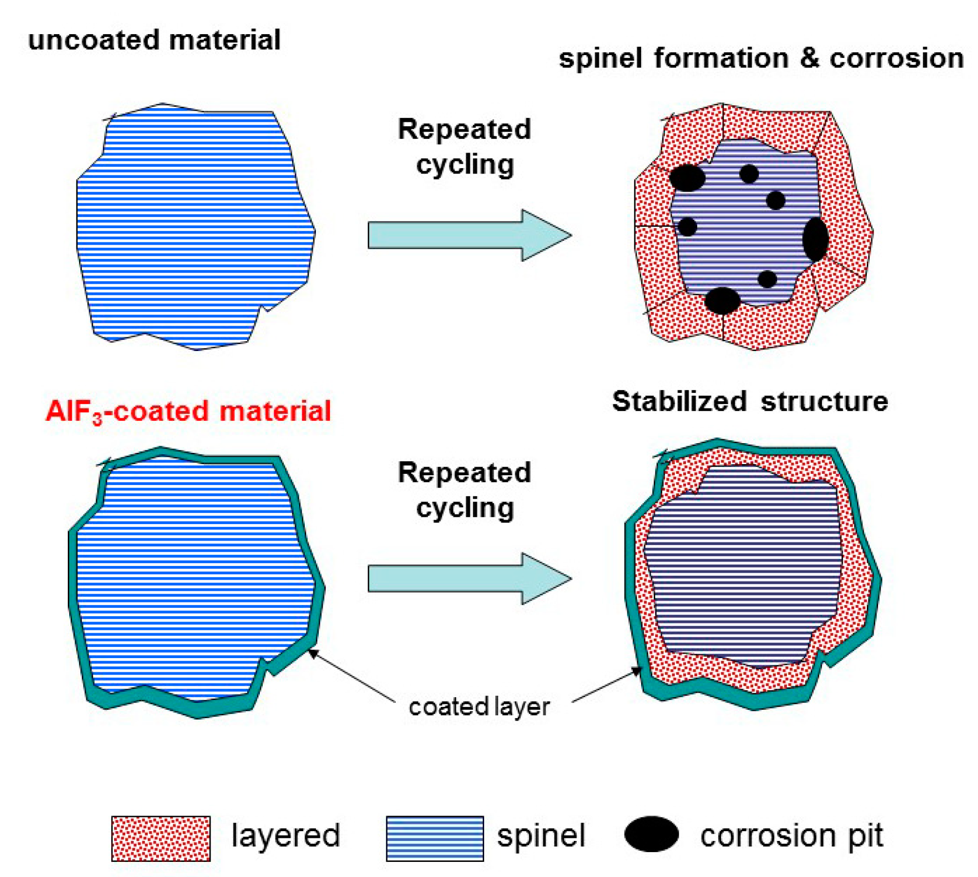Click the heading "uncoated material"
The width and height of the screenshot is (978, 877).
(x=154, y=40)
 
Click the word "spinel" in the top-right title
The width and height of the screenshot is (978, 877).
(x=600, y=58)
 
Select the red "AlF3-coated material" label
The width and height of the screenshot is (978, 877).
(x=188, y=411)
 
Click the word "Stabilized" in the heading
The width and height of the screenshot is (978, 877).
(x=679, y=402)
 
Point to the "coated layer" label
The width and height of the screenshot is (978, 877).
(x=479, y=707)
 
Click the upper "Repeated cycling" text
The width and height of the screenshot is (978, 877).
(x=464, y=147)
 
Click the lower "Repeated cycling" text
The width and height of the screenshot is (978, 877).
(x=464, y=490)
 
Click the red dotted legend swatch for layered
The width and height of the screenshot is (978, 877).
(x=161, y=838)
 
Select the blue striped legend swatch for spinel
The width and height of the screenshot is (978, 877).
(x=435, y=838)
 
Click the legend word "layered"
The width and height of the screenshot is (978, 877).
(x=285, y=836)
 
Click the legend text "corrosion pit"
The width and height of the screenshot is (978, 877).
(x=791, y=836)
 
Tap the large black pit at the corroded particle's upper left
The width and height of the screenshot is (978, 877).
(x=687, y=178)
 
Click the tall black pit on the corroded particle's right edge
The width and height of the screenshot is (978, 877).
(x=815, y=239)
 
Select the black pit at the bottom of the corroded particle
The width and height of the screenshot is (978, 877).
(x=722, y=300)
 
